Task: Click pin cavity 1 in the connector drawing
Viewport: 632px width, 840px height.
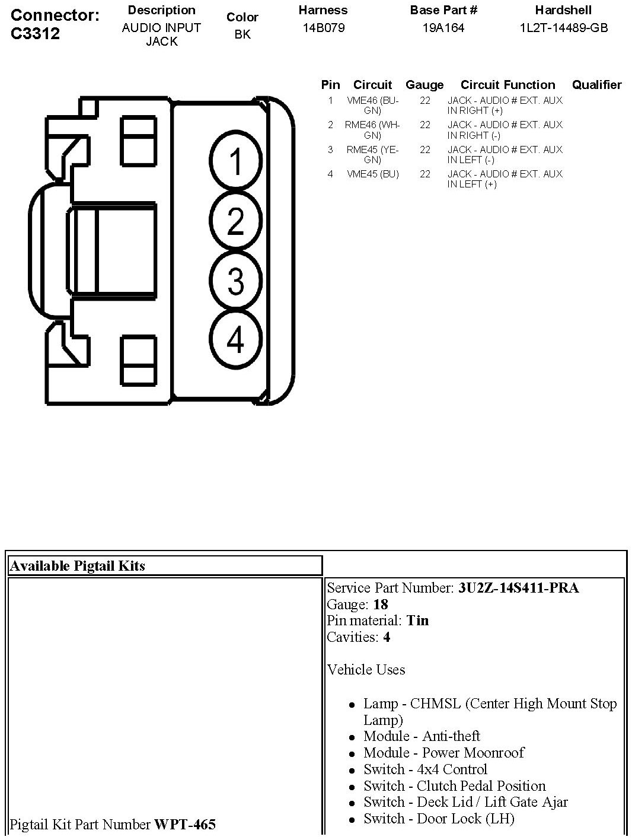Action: pos(235,162)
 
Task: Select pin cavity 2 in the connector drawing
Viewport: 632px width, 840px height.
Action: pos(235,221)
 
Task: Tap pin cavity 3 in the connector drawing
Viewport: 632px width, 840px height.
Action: pos(235,281)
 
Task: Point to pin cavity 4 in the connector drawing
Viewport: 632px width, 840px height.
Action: pos(235,340)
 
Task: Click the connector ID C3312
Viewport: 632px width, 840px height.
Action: pos(36,33)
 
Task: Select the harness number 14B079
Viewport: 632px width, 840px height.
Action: pos(323,28)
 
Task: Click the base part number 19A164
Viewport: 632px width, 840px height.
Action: pos(443,28)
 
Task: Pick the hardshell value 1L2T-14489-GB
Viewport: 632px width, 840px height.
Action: pos(563,28)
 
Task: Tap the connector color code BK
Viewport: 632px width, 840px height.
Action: pos(242,34)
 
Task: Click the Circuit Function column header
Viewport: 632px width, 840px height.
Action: pos(507,85)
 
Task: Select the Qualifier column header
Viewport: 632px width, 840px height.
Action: pos(596,85)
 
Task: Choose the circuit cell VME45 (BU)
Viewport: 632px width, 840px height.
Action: pos(372,174)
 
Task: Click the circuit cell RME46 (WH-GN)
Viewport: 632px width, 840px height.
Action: pos(372,130)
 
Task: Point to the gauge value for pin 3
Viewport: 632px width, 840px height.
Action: pos(424,150)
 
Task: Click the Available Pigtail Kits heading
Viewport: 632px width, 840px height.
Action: pos(78,566)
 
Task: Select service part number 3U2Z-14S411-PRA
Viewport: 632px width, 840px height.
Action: pos(518,588)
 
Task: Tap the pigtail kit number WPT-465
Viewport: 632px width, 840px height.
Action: pos(185,825)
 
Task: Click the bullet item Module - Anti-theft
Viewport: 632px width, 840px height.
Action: pos(422,736)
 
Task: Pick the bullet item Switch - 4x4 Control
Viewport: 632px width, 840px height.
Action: pos(425,769)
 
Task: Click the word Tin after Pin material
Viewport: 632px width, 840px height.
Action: pos(417,621)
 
